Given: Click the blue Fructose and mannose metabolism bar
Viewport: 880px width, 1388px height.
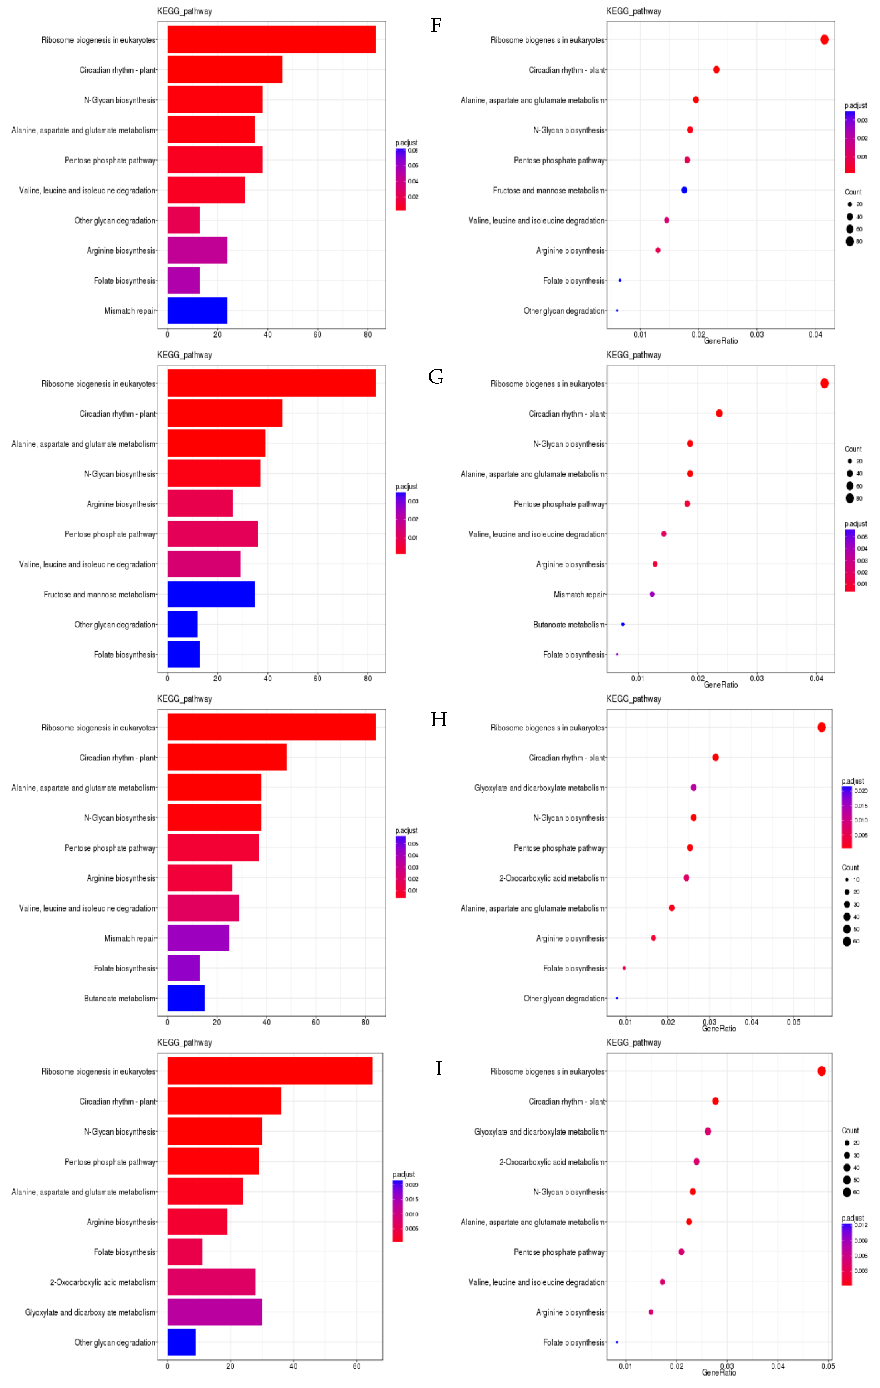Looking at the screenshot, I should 211,594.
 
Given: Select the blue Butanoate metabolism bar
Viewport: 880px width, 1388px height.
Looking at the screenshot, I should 185,998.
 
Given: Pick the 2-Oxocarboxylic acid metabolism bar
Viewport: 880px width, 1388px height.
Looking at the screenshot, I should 211,1282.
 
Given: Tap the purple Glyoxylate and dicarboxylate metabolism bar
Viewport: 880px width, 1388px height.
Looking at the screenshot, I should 214,1312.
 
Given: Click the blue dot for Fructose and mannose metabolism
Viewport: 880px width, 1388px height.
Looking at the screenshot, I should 684,190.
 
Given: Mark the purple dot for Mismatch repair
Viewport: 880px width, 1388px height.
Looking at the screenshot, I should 652,594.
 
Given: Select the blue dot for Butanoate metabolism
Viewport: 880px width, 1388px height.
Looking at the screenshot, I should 623,624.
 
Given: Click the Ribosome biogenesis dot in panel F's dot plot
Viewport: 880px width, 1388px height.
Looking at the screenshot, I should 824,40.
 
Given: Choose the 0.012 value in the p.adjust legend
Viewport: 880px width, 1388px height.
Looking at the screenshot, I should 861,1225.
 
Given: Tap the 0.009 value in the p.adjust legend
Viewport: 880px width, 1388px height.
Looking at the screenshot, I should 861,1241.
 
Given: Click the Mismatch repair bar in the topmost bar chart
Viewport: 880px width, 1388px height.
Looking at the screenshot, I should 197,311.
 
